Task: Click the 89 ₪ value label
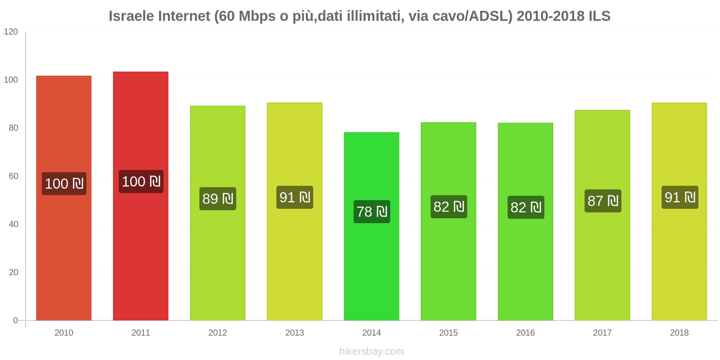click(218, 198)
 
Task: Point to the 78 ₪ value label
click(372, 211)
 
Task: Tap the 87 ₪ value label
click(603, 201)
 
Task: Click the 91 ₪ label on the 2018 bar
click(679, 197)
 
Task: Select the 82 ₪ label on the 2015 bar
click(449, 207)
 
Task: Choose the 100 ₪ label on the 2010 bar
click(64, 184)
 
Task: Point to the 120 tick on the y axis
click(11, 31)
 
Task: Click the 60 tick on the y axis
click(13, 176)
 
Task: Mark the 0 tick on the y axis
click(16, 320)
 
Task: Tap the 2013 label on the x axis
click(295, 333)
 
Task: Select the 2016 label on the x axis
click(525, 333)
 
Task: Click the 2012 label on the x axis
click(218, 333)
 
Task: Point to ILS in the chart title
click(599, 16)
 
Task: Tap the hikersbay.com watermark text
click(371, 351)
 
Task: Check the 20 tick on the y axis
click(13, 272)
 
